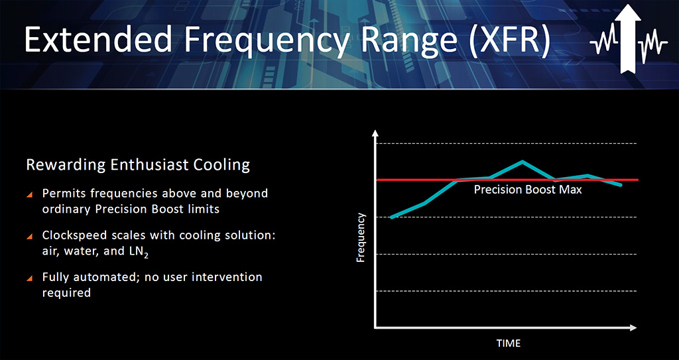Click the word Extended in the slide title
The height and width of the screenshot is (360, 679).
98,40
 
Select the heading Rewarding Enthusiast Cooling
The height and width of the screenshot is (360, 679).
138,165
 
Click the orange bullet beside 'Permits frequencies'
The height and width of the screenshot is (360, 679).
30,195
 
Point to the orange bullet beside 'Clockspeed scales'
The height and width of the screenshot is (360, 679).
30,237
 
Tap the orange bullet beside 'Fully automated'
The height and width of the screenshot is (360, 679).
30,278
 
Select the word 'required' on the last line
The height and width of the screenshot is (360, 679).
66,293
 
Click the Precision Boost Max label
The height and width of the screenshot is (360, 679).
527,190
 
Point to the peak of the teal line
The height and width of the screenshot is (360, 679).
523,162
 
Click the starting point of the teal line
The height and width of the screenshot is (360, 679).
392,217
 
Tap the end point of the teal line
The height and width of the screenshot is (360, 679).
621,185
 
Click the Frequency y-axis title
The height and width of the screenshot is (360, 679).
361,238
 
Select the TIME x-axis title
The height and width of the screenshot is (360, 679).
509,343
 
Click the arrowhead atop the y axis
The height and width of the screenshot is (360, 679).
375,133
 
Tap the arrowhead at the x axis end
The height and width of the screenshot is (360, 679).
633,328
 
